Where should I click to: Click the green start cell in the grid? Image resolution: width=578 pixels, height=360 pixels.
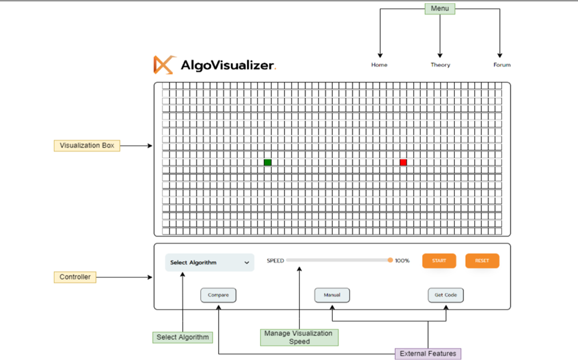click(x=267, y=163)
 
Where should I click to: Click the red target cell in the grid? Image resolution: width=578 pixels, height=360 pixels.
click(x=403, y=163)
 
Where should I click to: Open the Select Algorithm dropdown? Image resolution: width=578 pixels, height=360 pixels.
click(x=209, y=262)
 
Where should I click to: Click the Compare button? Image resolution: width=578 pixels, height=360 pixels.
click(x=218, y=295)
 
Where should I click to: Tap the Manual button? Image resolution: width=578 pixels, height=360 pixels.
click(x=332, y=295)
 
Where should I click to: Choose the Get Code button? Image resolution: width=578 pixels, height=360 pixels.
click(x=446, y=295)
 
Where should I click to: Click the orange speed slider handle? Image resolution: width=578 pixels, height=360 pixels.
click(x=390, y=260)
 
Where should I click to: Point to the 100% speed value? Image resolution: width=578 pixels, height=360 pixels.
click(x=402, y=261)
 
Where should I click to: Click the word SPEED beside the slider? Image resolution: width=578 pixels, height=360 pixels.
click(x=275, y=261)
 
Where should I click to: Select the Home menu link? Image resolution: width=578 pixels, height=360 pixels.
click(x=379, y=65)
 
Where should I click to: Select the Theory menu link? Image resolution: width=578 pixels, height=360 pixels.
click(x=440, y=65)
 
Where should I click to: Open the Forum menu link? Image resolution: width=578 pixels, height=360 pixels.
click(x=502, y=65)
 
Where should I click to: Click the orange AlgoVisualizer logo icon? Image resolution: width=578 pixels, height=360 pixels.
click(x=164, y=65)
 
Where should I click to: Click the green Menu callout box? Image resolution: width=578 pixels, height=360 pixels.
click(x=440, y=9)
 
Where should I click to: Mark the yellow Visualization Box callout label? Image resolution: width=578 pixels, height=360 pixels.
click(x=87, y=146)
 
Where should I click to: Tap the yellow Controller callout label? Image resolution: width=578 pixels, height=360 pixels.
click(x=75, y=277)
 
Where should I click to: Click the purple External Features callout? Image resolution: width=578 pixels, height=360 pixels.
click(x=428, y=354)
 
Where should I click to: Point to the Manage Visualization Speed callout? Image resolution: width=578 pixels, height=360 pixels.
click(x=299, y=337)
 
